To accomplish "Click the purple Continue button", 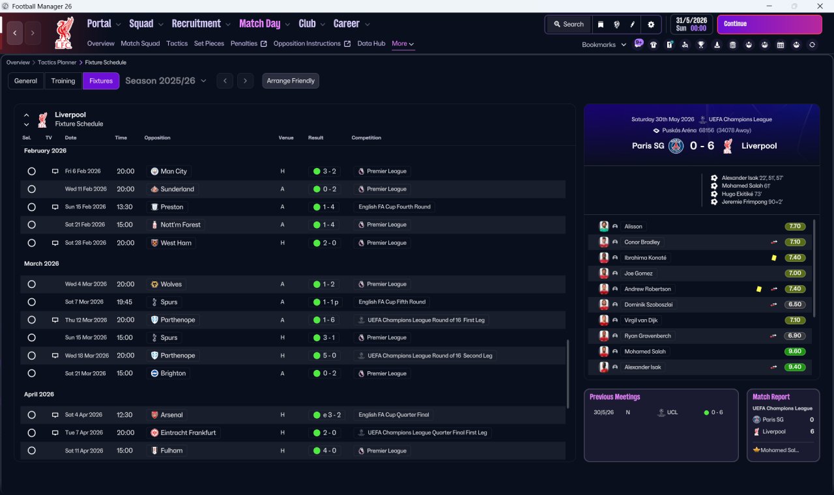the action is coord(769,24).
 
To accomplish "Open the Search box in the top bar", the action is coord(569,24).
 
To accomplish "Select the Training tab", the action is coord(63,81).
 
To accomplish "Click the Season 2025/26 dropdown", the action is coord(165,81).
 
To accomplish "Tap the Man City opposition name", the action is coord(173,171).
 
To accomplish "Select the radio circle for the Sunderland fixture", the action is coord(32,189).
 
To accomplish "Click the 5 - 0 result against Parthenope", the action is coord(329,356).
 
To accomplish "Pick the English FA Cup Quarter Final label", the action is coord(394,415).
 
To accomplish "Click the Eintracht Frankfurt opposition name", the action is coord(188,432).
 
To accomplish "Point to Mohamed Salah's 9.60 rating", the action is coord(794,351).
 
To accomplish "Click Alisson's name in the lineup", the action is coord(633,226).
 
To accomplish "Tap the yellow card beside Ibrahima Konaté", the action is coord(773,257).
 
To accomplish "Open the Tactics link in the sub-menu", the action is coord(177,44).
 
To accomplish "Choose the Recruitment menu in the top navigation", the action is coord(196,24).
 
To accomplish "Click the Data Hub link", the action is coord(371,44).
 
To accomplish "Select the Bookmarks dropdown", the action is coord(603,45).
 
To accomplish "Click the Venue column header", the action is coord(286,137).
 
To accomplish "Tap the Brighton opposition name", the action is coord(173,373).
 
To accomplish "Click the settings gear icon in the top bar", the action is coord(651,25).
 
